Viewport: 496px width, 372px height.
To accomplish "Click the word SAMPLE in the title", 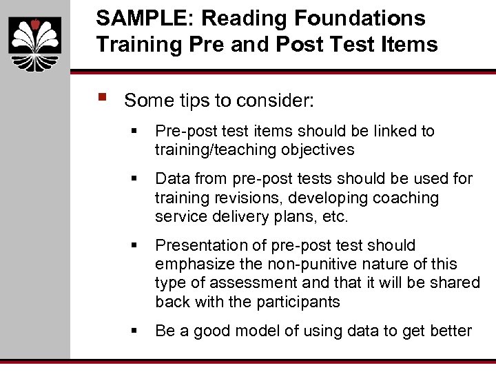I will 136,18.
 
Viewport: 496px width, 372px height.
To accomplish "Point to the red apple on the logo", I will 35,24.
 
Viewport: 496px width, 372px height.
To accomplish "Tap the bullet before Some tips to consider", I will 103,97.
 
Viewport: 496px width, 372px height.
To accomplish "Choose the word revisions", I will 245,198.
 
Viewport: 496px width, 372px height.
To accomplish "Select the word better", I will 448,331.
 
